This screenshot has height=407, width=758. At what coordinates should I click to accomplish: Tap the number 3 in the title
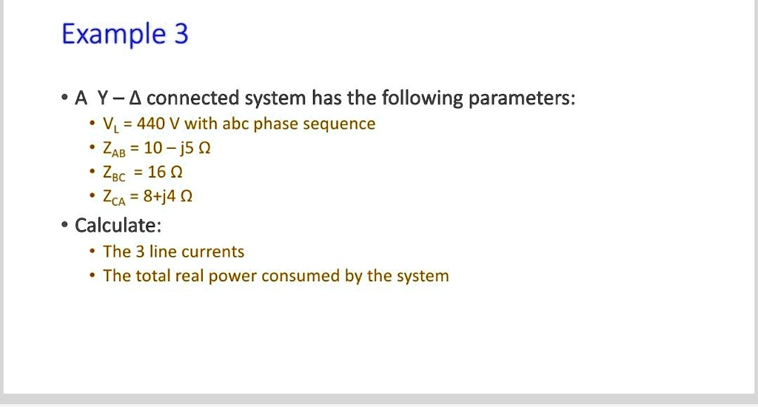(x=181, y=34)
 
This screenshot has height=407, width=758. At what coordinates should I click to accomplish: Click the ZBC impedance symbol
(x=115, y=173)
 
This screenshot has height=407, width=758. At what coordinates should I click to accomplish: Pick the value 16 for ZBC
(x=157, y=172)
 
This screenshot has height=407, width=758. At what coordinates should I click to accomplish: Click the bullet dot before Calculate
(x=66, y=225)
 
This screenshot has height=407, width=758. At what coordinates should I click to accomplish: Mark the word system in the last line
(x=422, y=277)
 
